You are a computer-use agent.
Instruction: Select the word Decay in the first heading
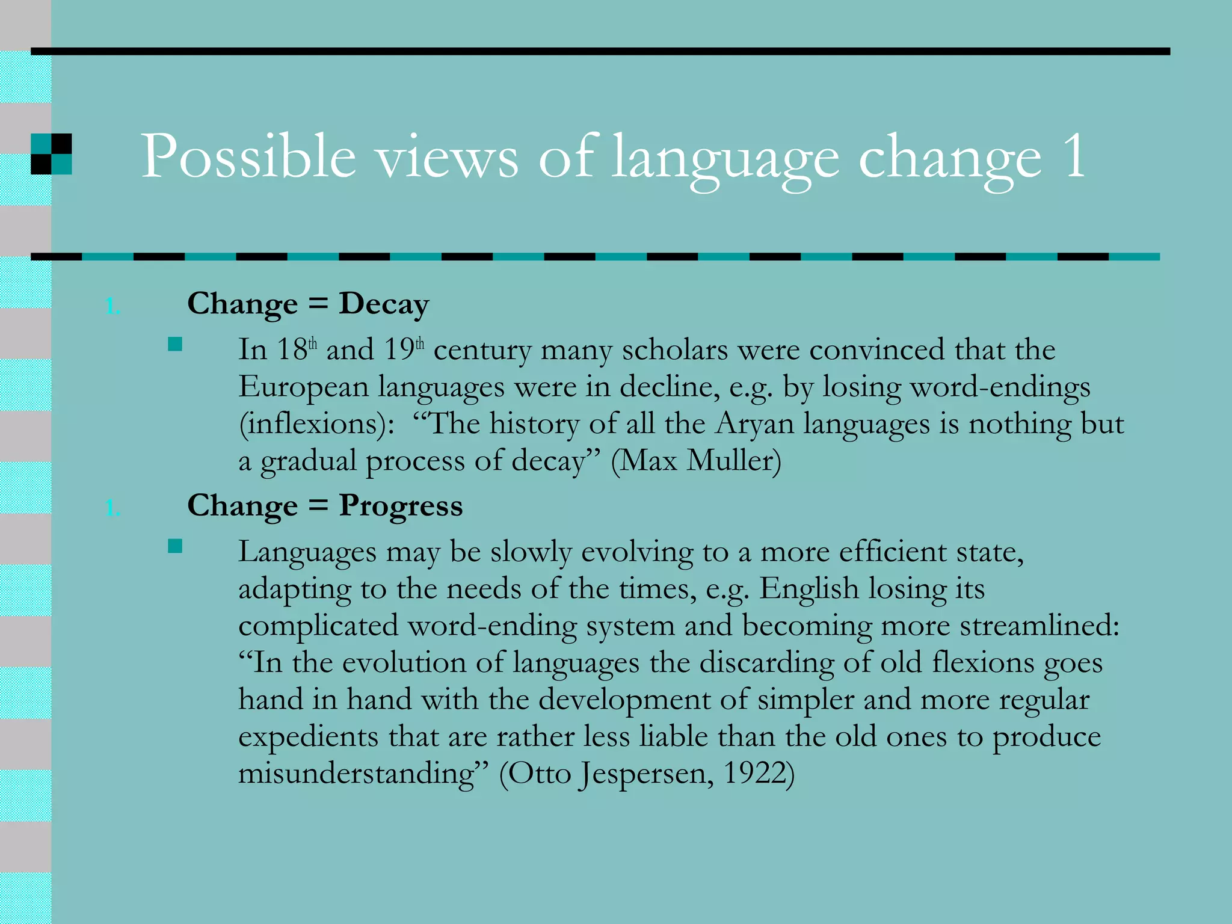click(x=384, y=304)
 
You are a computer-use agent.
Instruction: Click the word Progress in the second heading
click(x=401, y=506)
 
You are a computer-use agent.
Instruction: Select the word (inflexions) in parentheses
click(x=316, y=424)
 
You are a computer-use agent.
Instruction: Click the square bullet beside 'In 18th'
click(x=175, y=344)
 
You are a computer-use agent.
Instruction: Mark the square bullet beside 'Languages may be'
click(x=175, y=546)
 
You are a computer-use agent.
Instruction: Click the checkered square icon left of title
click(x=51, y=154)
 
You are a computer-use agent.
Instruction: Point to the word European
click(x=303, y=387)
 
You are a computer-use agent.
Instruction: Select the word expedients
click(x=309, y=737)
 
